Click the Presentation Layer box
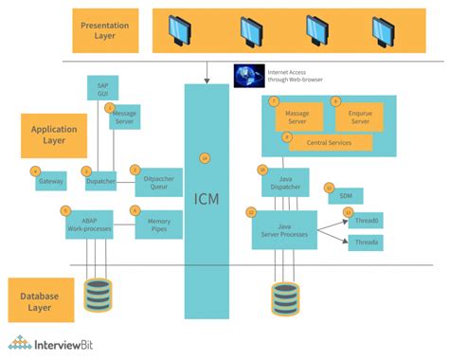[x=104, y=30]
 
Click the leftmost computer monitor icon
[x=181, y=31]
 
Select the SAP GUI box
[x=103, y=91]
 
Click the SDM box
[x=345, y=194]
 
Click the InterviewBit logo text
[x=67, y=343]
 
